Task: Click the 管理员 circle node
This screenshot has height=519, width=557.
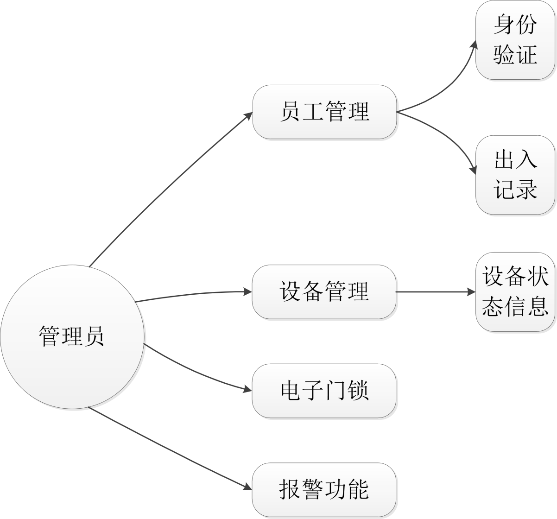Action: click(x=72, y=336)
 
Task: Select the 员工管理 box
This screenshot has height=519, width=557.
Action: click(x=324, y=112)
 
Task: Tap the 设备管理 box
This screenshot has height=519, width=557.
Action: click(x=324, y=292)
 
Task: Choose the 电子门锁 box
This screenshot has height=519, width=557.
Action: click(x=324, y=391)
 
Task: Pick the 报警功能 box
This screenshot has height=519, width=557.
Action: click(x=324, y=490)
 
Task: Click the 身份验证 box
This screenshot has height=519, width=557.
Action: click(x=515, y=40)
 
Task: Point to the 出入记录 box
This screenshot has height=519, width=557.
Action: click(x=515, y=175)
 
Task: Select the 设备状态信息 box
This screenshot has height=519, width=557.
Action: click(x=515, y=292)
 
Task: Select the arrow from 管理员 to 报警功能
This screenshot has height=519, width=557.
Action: click(x=167, y=447)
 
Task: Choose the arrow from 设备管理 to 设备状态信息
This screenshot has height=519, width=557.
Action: click(x=436, y=292)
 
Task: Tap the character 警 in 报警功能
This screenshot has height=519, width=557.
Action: click(x=313, y=490)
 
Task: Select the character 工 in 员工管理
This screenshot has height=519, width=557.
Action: click(x=313, y=112)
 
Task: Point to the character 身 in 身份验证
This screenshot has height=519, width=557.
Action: click(x=504, y=25)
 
